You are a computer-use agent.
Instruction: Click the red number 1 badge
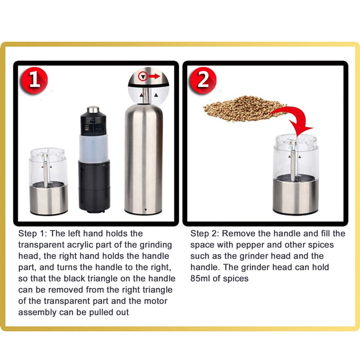coord(34,80)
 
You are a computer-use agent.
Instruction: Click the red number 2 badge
coord(203,80)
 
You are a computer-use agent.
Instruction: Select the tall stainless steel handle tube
coord(144,159)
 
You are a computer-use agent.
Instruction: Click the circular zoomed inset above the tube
coord(148,85)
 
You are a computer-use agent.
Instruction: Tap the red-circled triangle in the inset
coord(143,76)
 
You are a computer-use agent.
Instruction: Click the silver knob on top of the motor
coord(93,109)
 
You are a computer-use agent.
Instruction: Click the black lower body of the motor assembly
coord(94,186)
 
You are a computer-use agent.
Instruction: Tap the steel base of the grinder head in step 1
coord(49,199)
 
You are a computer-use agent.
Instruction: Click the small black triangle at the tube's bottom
coord(145,210)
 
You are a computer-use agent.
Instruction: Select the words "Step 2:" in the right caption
coord(205,234)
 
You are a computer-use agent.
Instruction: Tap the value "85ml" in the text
coord(200,279)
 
